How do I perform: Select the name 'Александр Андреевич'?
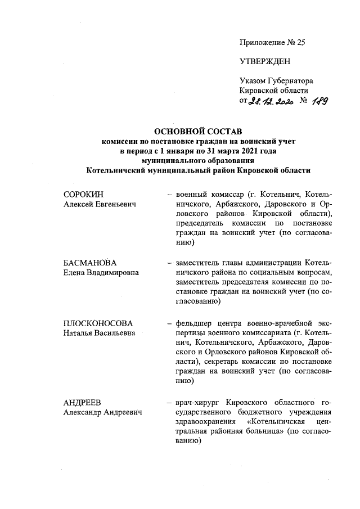coord(102,412)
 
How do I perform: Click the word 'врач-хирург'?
coord(199,402)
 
